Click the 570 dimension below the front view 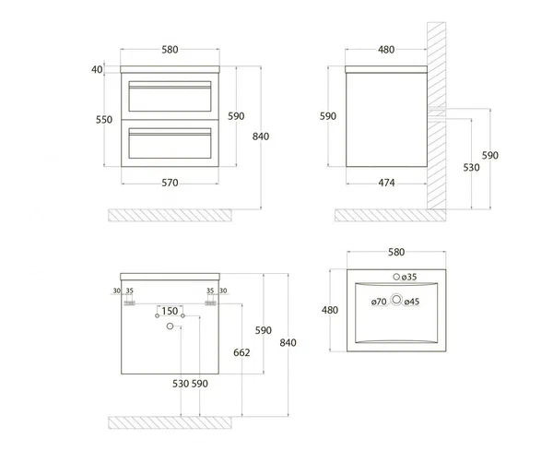[170, 183]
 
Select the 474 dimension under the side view [386, 183]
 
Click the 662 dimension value [242, 352]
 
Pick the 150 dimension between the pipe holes [170, 311]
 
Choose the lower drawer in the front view [171, 143]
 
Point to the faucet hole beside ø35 [397, 276]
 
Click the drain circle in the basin [397, 299]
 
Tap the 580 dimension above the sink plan [397, 252]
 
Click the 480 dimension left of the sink [329, 310]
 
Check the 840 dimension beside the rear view [288, 343]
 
